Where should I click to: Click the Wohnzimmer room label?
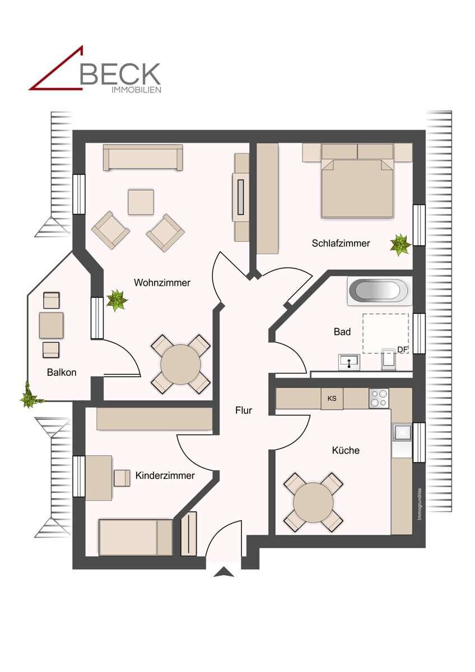pyautogui.click(x=162, y=283)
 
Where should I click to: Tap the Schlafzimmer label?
pyautogui.click(x=341, y=243)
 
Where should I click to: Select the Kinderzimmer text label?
pyautogui.click(x=165, y=475)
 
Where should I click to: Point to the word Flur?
pyautogui.click(x=244, y=410)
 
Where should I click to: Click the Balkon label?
pyautogui.click(x=62, y=372)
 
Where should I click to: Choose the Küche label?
pyautogui.click(x=346, y=450)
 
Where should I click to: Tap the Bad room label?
pyautogui.click(x=342, y=332)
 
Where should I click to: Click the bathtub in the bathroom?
pyautogui.click(x=379, y=291)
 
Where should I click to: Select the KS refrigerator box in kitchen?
pyautogui.click(x=332, y=399)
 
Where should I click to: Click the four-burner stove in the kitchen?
pyautogui.click(x=379, y=398)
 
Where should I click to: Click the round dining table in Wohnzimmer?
pyautogui.click(x=180, y=364)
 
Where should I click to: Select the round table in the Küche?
pyautogui.click(x=313, y=502)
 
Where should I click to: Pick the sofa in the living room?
pyautogui.click(x=143, y=157)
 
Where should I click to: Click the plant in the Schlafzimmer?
pyautogui.click(x=401, y=244)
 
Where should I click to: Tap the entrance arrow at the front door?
pyautogui.click(x=225, y=572)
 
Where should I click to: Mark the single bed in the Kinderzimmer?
pyautogui.click(x=136, y=538)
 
